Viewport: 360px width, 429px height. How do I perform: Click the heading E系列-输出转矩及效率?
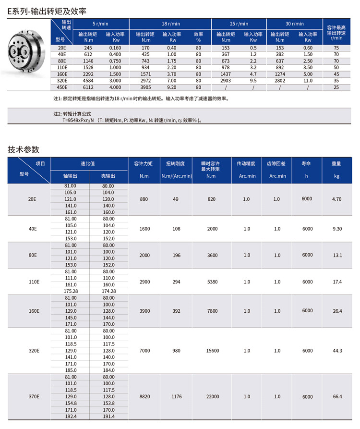pos(47,10)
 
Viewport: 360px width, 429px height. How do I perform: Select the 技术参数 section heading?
pos(24,149)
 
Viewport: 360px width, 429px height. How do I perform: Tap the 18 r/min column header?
pos(171,24)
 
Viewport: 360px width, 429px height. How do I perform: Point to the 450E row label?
pos(61,87)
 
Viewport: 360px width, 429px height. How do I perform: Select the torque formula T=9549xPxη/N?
pos(86,120)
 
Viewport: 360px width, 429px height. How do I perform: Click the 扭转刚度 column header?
pos(176,163)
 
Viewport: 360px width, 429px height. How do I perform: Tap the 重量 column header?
pos(336,163)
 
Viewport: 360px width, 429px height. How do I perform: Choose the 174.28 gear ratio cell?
pos(108,291)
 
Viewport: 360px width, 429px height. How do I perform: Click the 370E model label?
pos(34,397)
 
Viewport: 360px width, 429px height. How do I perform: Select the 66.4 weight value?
pos(336,397)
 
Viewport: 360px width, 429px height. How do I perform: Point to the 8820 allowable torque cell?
pos(144,397)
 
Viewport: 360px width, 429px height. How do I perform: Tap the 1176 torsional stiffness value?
pos(176,397)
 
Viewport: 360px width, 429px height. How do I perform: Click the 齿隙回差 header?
pos(277,163)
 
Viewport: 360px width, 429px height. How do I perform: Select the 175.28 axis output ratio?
pos(71,291)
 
